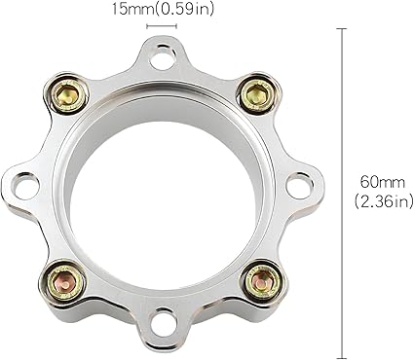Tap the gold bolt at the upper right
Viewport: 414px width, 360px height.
coord(255,94)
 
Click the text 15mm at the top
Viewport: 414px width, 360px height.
coord(132,10)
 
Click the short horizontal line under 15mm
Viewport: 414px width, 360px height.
coord(162,27)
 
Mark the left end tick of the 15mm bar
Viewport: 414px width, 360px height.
coord(147,27)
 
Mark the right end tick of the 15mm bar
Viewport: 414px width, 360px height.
coord(176,27)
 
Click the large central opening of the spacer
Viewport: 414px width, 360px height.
coord(161,190)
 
